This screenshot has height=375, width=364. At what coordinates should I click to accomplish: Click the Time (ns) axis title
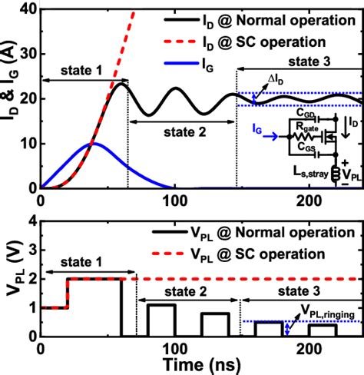point(197,365)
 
